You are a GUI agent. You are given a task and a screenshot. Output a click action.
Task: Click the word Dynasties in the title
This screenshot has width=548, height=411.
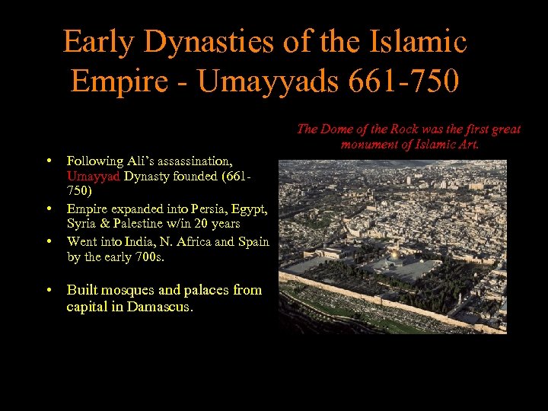201,41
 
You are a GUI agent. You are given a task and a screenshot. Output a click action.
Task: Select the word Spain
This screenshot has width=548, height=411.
252,241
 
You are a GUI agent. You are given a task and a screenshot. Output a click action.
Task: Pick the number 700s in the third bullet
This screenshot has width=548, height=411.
144,257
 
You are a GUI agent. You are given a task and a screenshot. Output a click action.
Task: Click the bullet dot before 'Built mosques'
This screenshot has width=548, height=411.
49,290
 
